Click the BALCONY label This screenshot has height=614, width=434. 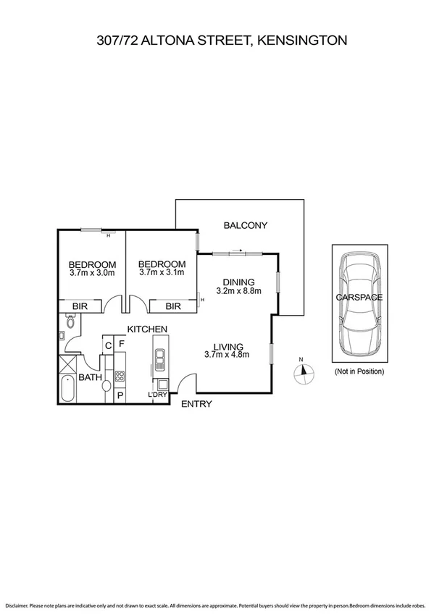[x=246, y=225]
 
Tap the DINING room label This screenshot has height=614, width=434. [x=238, y=282]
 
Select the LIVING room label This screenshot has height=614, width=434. [x=227, y=346]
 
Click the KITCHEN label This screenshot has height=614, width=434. [x=148, y=329]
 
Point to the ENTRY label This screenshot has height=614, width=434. [x=196, y=404]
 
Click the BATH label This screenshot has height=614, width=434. [x=91, y=377]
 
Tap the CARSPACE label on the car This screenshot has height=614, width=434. [x=359, y=297]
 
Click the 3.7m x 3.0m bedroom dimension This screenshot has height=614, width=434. [x=92, y=273]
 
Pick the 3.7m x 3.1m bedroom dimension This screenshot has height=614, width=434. [x=162, y=273]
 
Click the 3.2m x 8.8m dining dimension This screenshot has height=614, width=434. [x=238, y=291]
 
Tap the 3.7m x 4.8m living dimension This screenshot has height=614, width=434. [x=227, y=355]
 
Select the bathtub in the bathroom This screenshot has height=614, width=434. [x=67, y=390]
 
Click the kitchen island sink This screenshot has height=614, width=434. [x=159, y=356]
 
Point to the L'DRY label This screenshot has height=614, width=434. [x=157, y=395]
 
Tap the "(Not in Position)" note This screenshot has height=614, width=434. [x=359, y=371]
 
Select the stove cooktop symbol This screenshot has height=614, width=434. [x=120, y=376]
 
